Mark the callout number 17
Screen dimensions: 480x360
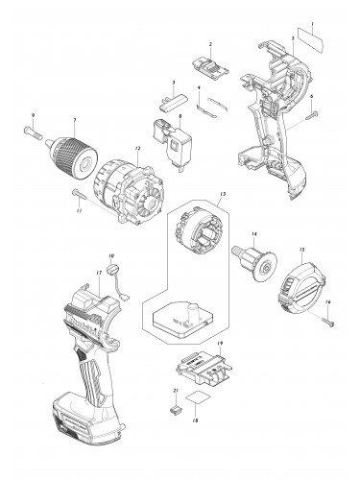click(99, 274)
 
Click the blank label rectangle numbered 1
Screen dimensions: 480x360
click(313, 46)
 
